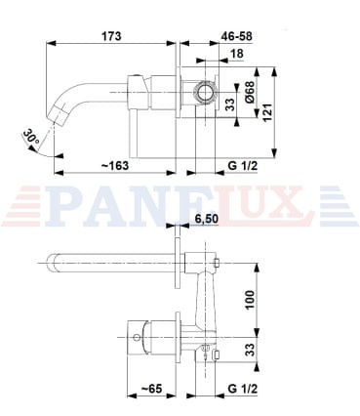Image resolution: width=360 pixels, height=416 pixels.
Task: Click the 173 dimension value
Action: [111, 36]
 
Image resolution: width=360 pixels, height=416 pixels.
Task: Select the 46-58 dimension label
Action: [236, 36]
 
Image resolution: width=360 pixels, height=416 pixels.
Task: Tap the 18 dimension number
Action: [237, 54]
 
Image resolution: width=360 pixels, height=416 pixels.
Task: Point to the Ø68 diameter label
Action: [250, 92]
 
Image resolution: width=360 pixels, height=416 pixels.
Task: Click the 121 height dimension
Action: [267, 112]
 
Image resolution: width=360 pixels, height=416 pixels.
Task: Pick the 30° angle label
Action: [31, 136]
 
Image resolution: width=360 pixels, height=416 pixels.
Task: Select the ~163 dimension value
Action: [115, 166]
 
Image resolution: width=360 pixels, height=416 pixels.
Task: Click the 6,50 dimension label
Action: [206, 219]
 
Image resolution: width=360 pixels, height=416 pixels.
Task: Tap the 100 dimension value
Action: [250, 300]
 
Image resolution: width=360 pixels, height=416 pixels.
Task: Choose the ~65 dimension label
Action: [151, 389]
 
